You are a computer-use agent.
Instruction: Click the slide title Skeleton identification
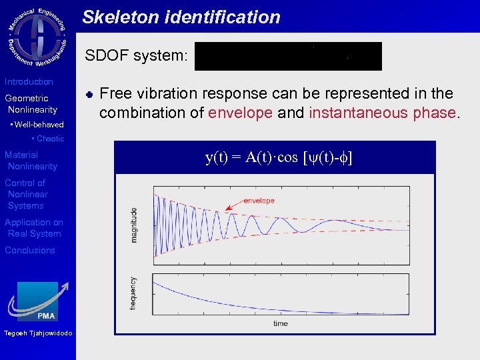click(181, 17)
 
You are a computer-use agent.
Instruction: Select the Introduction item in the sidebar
click(29, 81)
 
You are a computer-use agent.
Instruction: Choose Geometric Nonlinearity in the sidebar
click(31, 104)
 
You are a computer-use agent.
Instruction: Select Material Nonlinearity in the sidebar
click(31, 161)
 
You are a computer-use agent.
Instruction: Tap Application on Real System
click(34, 228)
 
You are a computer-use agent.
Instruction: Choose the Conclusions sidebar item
click(30, 251)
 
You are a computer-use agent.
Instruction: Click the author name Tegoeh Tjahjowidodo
click(37, 333)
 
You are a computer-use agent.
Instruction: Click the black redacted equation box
click(288, 56)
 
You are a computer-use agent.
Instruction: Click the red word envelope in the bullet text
click(240, 113)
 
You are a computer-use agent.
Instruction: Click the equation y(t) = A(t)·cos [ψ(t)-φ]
click(278, 157)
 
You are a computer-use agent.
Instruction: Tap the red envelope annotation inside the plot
click(259, 200)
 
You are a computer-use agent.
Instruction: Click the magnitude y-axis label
click(133, 225)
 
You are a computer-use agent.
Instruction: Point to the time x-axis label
click(280, 323)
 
